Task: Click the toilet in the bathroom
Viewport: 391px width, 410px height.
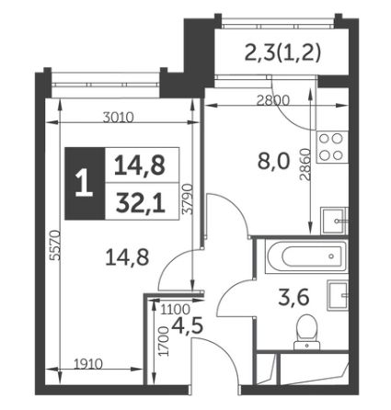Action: pyautogui.click(x=306, y=332)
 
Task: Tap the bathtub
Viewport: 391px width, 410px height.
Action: pyautogui.click(x=306, y=256)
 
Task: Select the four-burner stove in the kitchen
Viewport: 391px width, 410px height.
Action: pyautogui.click(x=331, y=147)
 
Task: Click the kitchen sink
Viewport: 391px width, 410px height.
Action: pyautogui.click(x=334, y=221)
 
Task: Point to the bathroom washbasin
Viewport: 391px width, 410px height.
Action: pyautogui.click(x=338, y=295)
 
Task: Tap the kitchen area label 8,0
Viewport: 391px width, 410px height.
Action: pyautogui.click(x=273, y=162)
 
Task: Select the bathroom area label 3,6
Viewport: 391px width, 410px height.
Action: pyautogui.click(x=293, y=298)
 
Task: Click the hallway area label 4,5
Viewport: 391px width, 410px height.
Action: pyautogui.click(x=188, y=325)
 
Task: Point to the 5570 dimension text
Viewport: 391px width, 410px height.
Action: pyautogui.click(x=56, y=245)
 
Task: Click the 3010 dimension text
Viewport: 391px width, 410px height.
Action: pyautogui.click(x=118, y=118)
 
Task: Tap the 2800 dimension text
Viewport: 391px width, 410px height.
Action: pyautogui.click(x=273, y=100)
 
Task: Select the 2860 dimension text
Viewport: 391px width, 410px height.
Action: pyautogui.click(x=305, y=165)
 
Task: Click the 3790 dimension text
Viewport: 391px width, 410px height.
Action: pyautogui.click(x=187, y=199)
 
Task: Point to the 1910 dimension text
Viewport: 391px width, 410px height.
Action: pyautogui.click(x=88, y=364)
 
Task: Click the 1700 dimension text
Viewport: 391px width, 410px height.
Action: pyautogui.click(x=164, y=341)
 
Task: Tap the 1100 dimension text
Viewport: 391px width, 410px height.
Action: pyautogui.click(x=176, y=310)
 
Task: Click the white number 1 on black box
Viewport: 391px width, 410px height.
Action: pyautogui.click(x=84, y=184)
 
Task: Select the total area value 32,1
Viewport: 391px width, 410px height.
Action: pyautogui.click(x=141, y=204)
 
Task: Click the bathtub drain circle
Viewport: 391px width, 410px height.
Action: pyautogui.click(x=331, y=256)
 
